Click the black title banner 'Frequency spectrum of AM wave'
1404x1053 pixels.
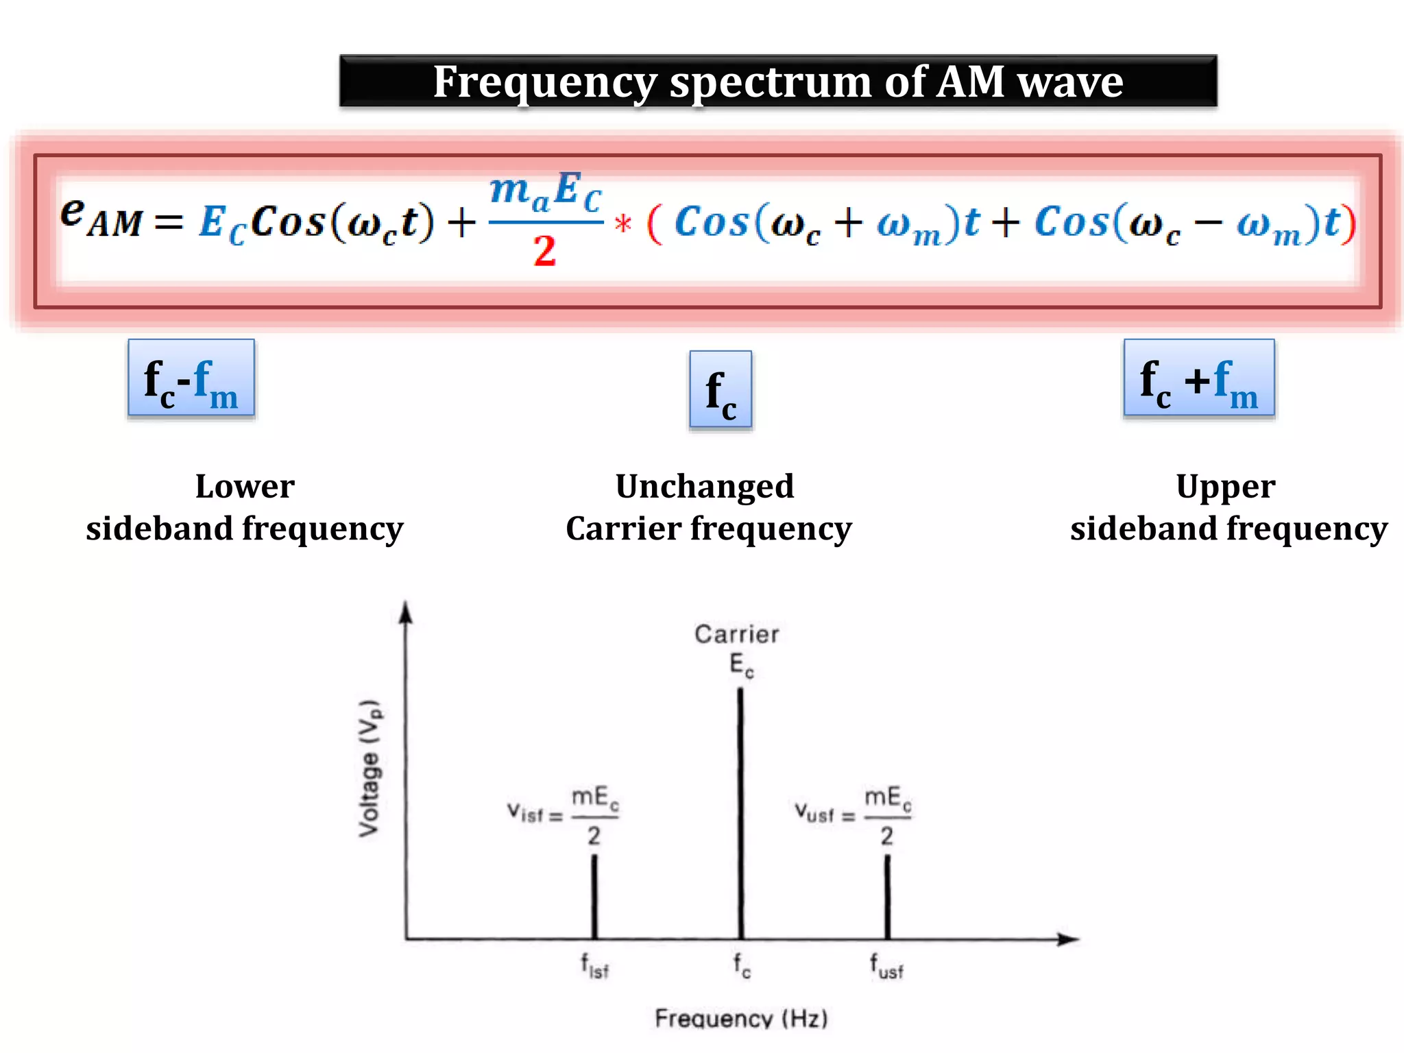778,82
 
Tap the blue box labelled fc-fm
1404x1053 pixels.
191,378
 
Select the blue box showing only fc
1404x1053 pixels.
721,389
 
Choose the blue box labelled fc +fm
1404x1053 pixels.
1199,378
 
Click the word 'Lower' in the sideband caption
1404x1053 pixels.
245,487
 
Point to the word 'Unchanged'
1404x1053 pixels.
705,487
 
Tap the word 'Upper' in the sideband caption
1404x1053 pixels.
1226,487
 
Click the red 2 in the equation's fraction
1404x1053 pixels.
545,251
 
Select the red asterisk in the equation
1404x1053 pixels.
623,224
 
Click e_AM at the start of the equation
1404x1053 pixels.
101,216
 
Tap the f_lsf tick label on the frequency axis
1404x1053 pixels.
595,967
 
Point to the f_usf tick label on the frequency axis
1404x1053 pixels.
887,967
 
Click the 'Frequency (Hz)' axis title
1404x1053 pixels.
741,1019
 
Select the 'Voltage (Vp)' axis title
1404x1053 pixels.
370,768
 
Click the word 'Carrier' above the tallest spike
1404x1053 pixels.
737,634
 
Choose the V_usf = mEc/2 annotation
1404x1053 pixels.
854,814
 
